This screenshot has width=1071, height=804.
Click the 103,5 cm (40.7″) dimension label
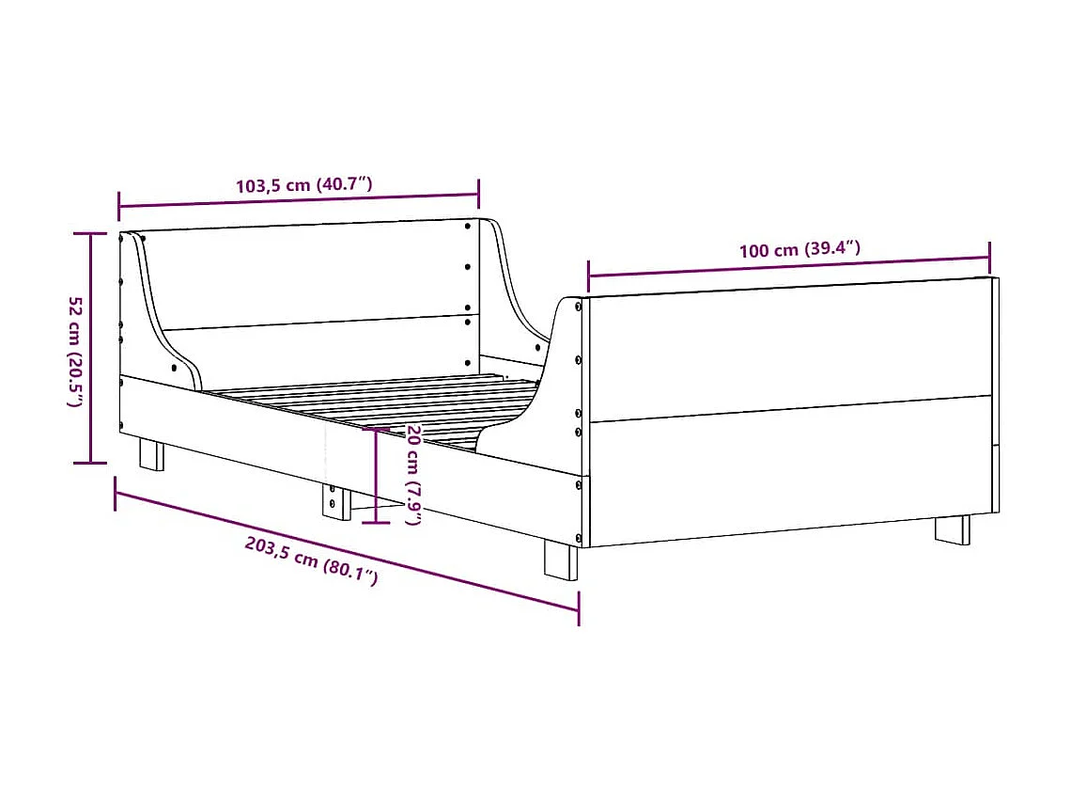(x=303, y=184)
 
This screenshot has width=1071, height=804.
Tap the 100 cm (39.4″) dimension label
(x=799, y=250)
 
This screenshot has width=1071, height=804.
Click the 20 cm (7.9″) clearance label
(x=413, y=474)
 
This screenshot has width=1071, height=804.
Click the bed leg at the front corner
(x=561, y=560)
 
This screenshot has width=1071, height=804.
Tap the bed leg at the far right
(x=952, y=528)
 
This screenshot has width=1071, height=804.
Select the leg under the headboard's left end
(x=151, y=453)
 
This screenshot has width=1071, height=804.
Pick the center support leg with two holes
(x=334, y=501)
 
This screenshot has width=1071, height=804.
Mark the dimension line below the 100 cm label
(x=789, y=266)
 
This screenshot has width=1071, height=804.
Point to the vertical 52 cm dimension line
(x=91, y=348)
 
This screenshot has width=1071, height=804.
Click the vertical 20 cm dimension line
(x=376, y=475)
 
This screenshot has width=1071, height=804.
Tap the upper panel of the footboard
(x=789, y=348)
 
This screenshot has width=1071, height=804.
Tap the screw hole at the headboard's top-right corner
(x=468, y=225)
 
